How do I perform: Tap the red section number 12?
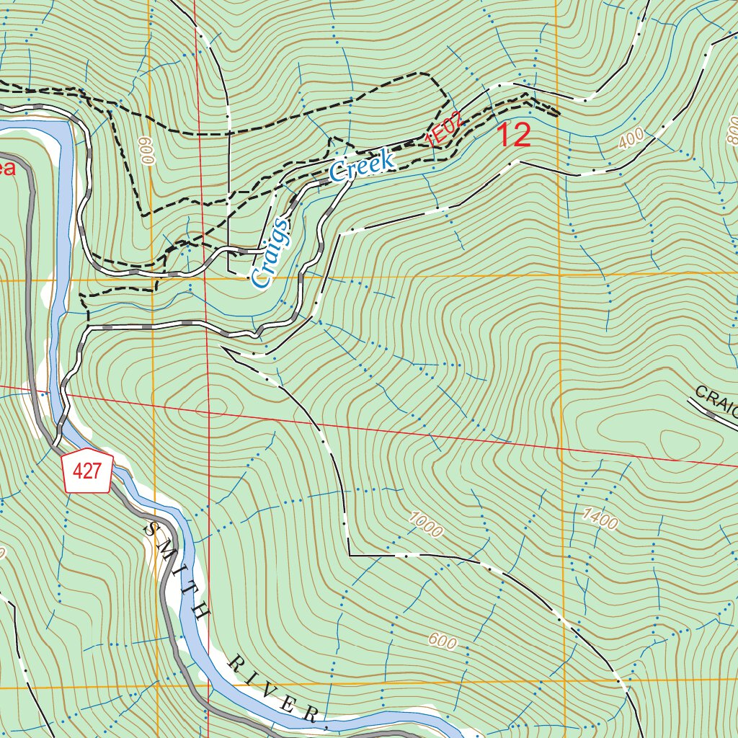(x=514, y=135)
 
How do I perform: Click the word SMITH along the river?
(x=177, y=569)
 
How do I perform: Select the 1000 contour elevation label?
(x=425, y=524)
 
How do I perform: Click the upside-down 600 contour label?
(x=149, y=151)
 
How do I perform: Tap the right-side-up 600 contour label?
(x=442, y=641)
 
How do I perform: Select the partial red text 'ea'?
(x=6, y=169)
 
